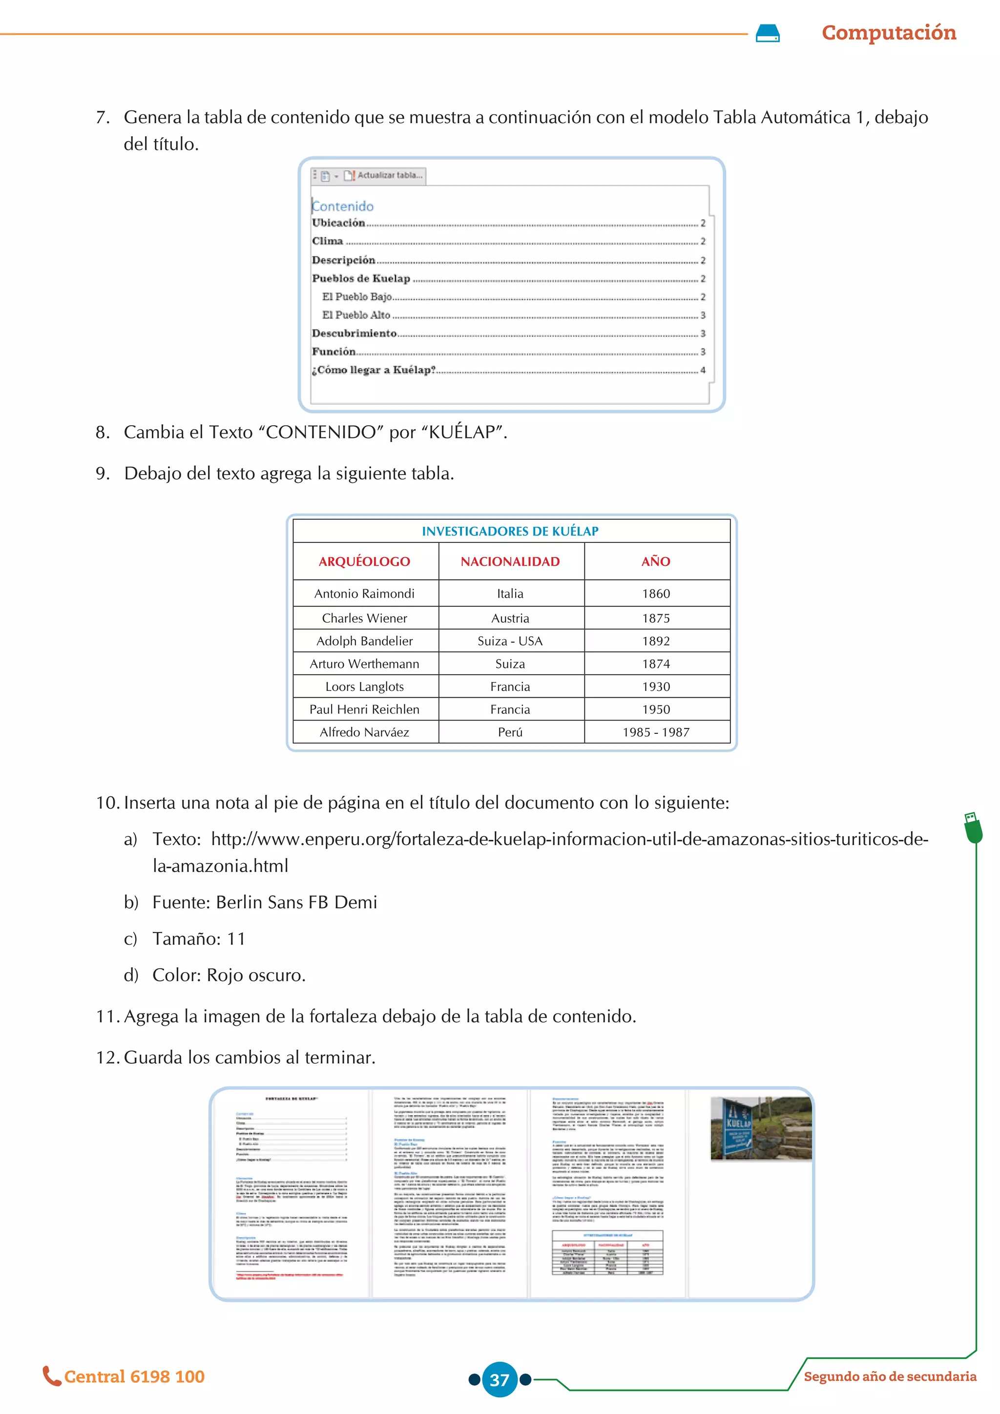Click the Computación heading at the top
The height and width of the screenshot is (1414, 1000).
coord(889,33)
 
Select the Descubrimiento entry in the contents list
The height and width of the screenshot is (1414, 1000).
coord(354,333)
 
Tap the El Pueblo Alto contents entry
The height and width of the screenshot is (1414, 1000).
coord(356,315)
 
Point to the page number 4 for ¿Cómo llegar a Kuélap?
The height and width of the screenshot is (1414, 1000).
coord(703,370)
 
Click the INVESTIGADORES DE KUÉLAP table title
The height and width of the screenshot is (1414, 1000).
coord(510,531)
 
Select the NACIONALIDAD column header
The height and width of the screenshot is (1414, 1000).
coord(510,561)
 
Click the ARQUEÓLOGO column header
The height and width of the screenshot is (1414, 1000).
coord(365,561)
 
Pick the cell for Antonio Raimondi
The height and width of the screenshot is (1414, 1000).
coord(365,594)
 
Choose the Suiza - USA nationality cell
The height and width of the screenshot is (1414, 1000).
coord(510,641)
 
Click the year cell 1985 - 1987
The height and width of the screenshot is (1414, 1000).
coord(656,732)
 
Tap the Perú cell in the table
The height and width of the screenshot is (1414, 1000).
coord(510,732)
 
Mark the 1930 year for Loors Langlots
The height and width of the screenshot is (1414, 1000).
coord(656,686)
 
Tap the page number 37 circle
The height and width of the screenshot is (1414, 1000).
coord(500,1379)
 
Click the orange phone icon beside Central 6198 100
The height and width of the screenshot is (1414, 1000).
coord(51,1376)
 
